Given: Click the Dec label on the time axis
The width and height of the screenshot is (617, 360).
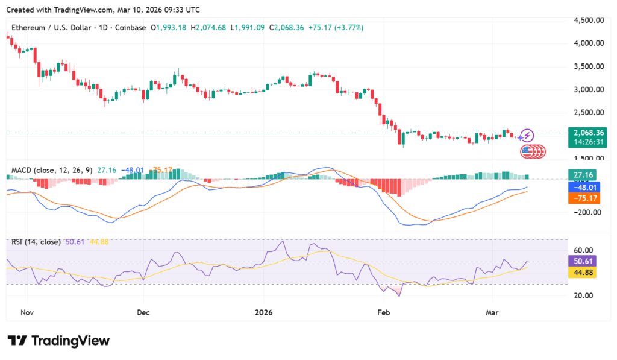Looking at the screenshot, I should pyautogui.click(x=143, y=312).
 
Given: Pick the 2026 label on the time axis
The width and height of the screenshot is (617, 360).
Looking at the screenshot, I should pyautogui.click(x=263, y=312).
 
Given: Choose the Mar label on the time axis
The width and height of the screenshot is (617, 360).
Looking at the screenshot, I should pyautogui.click(x=491, y=312).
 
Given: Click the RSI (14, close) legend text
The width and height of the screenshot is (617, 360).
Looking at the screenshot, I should pyautogui.click(x=36, y=242).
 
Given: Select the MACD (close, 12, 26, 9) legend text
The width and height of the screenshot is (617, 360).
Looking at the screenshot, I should pyautogui.click(x=52, y=171).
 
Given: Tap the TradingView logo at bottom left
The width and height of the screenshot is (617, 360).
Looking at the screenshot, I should pyautogui.click(x=58, y=341).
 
